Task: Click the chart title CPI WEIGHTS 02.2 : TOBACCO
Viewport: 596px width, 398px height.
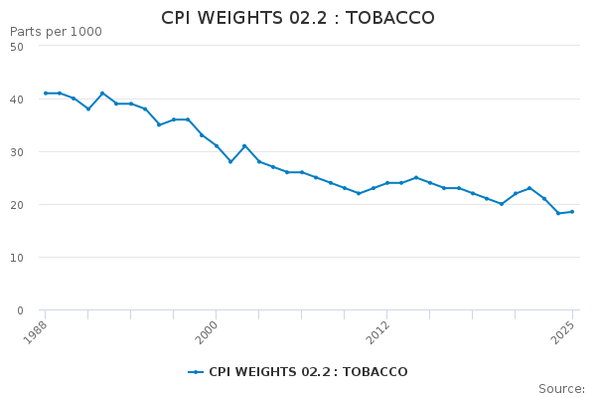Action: point(298,18)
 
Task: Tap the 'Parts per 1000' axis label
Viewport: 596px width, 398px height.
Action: point(56,32)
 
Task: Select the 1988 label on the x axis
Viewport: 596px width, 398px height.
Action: point(36,331)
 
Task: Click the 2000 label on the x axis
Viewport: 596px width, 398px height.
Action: point(207,331)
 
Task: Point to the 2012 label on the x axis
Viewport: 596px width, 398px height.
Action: point(377,331)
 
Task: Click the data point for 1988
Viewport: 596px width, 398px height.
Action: point(45,94)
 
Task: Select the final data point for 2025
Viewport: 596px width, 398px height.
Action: point(572,211)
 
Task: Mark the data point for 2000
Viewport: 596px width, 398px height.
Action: point(216,146)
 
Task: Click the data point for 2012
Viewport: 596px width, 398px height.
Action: point(386,183)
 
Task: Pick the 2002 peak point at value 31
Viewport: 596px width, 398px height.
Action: point(244,146)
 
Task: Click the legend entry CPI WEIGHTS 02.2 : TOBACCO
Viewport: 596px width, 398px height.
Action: point(307,372)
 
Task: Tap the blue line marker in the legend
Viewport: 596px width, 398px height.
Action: point(196,372)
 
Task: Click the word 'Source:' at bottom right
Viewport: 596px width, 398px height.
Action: point(561,389)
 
